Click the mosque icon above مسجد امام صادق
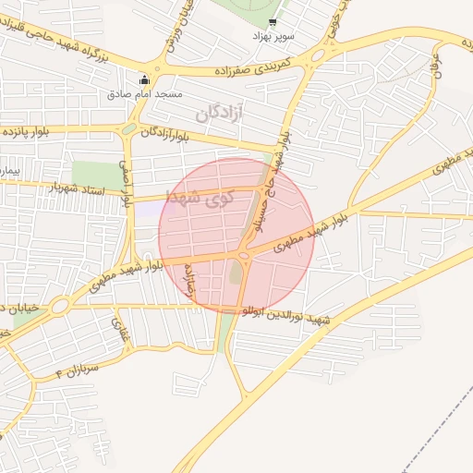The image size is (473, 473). pos(143,79)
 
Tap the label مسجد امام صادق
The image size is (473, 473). pos(144,94)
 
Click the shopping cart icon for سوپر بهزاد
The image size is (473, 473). pos(272,21)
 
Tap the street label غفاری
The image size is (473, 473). pos(118,326)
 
